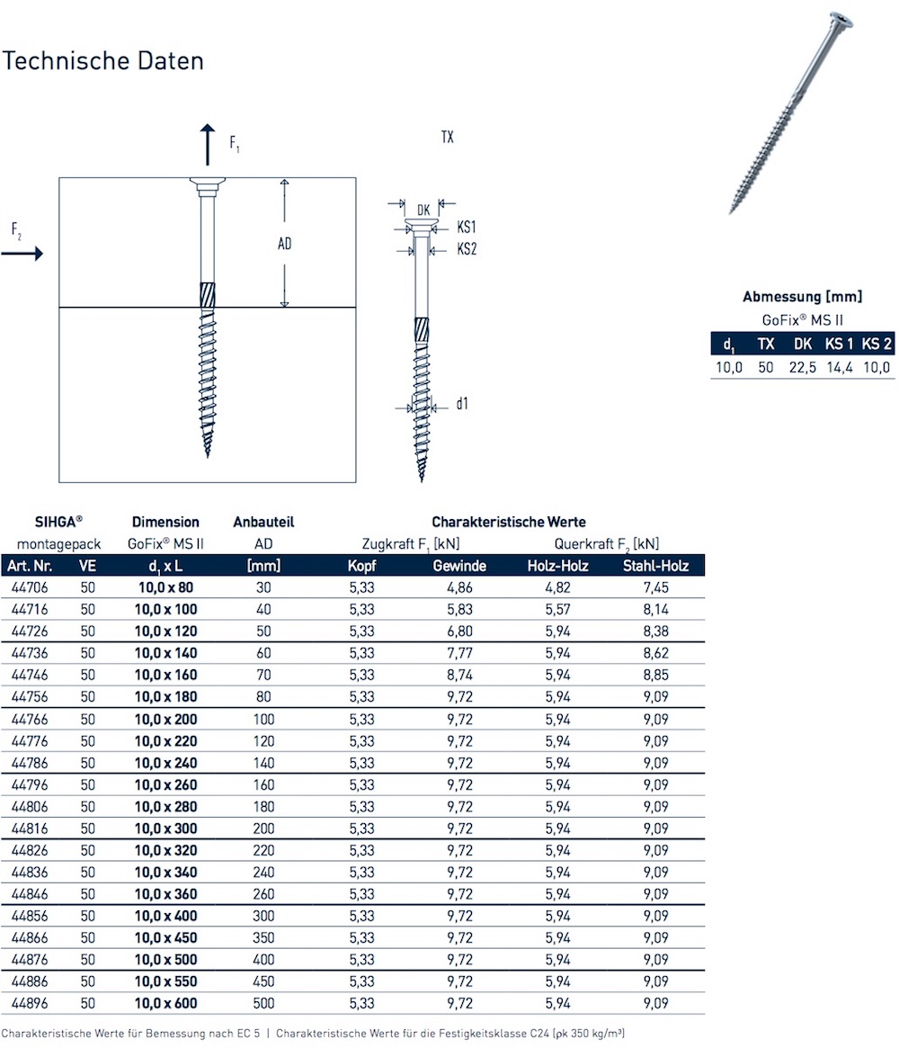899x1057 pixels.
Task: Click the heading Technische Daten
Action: [x=102, y=61]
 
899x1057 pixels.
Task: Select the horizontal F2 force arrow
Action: [x=22, y=255]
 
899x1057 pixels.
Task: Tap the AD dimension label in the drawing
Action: [x=284, y=244]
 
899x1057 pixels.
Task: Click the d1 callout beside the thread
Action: [x=461, y=404]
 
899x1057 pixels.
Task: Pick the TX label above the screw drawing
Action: [x=447, y=138]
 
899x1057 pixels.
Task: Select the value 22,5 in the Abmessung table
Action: [x=802, y=367]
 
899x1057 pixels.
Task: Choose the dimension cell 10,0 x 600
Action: [x=165, y=1003]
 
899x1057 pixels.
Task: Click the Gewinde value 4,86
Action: [x=459, y=587]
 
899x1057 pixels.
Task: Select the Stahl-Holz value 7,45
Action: [x=655, y=587]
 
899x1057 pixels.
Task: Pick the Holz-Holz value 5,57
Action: [x=557, y=609]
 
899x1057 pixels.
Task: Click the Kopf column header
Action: [x=362, y=566]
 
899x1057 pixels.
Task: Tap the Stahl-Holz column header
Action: [x=655, y=566]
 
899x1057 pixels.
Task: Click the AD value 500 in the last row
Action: [x=263, y=1003]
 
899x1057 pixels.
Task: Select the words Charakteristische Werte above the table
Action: [x=509, y=522]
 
